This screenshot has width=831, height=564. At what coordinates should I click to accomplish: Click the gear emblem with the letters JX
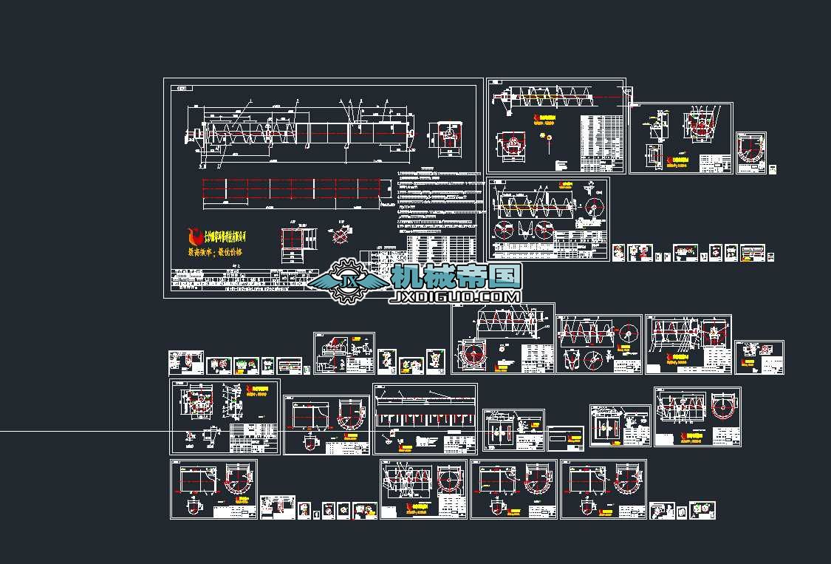point(347,281)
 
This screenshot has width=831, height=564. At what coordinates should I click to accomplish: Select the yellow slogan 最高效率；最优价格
point(215,253)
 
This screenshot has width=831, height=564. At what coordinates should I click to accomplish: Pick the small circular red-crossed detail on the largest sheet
point(340,235)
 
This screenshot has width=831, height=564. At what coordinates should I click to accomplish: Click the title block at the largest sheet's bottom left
point(222,281)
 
